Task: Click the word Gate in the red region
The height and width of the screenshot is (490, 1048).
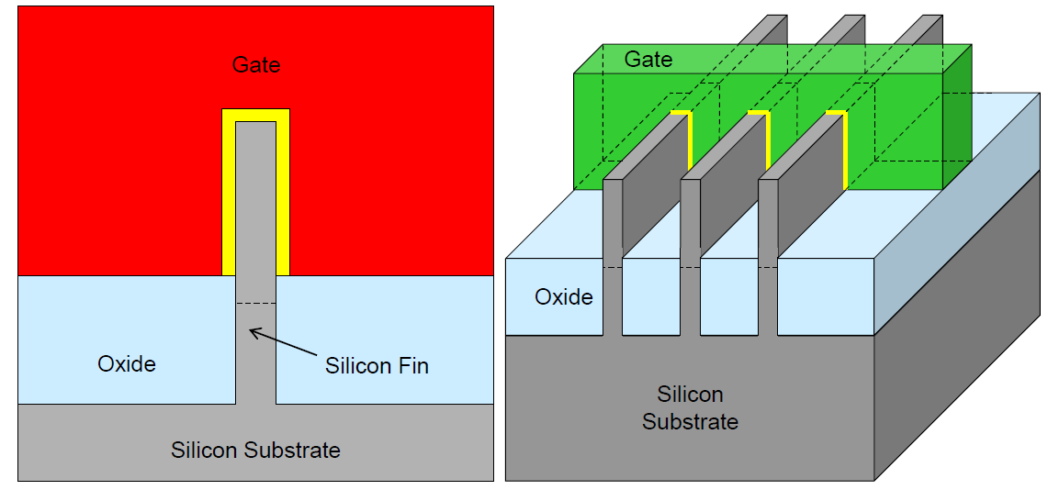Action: [255, 65]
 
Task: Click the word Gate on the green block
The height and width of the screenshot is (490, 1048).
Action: [648, 60]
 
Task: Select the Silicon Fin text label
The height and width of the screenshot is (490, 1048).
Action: [377, 365]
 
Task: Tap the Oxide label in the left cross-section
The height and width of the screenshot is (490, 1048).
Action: [127, 363]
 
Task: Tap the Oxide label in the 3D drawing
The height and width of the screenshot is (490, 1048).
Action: [563, 296]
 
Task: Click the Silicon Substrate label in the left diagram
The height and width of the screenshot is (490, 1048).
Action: [255, 450]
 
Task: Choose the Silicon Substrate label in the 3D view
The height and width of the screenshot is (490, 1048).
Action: [690, 408]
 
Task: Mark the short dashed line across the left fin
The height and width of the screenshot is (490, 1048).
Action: [255, 304]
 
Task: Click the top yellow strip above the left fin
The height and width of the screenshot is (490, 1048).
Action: [255, 115]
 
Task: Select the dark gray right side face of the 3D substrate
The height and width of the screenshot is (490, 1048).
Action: [955, 349]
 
